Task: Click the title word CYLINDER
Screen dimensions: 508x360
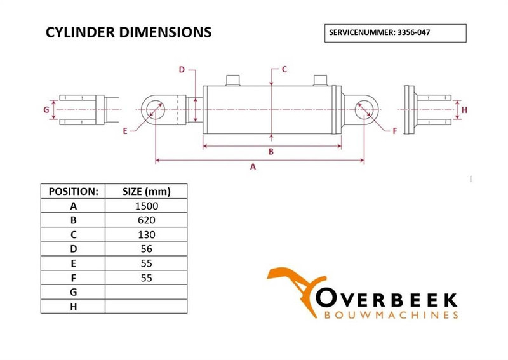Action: (81, 32)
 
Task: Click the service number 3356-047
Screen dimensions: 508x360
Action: (414, 32)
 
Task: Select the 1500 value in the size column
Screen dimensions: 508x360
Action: (147, 206)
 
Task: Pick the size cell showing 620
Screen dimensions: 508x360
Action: (147, 220)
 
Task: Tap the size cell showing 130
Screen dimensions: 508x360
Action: (147, 234)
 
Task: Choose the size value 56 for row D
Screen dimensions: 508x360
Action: (147, 249)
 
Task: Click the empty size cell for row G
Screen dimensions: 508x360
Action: (147, 292)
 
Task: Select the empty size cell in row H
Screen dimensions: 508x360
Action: (147, 306)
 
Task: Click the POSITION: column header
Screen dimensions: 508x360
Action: (73, 192)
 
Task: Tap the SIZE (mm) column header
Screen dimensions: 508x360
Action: (147, 192)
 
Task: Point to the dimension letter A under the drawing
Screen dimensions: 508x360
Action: (253, 167)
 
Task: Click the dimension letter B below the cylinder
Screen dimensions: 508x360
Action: (271, 152)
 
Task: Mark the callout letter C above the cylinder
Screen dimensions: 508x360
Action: (284, 69)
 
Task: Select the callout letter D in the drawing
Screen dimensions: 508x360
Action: (182, 70)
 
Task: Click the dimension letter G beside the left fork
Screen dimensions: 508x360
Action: (46, 110)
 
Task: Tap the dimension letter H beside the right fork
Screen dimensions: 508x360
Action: (464, 110)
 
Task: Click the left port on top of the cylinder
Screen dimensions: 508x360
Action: (232, 81)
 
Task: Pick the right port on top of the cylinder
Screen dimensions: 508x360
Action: (320, 81)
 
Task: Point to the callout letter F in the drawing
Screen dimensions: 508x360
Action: (394, 131)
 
